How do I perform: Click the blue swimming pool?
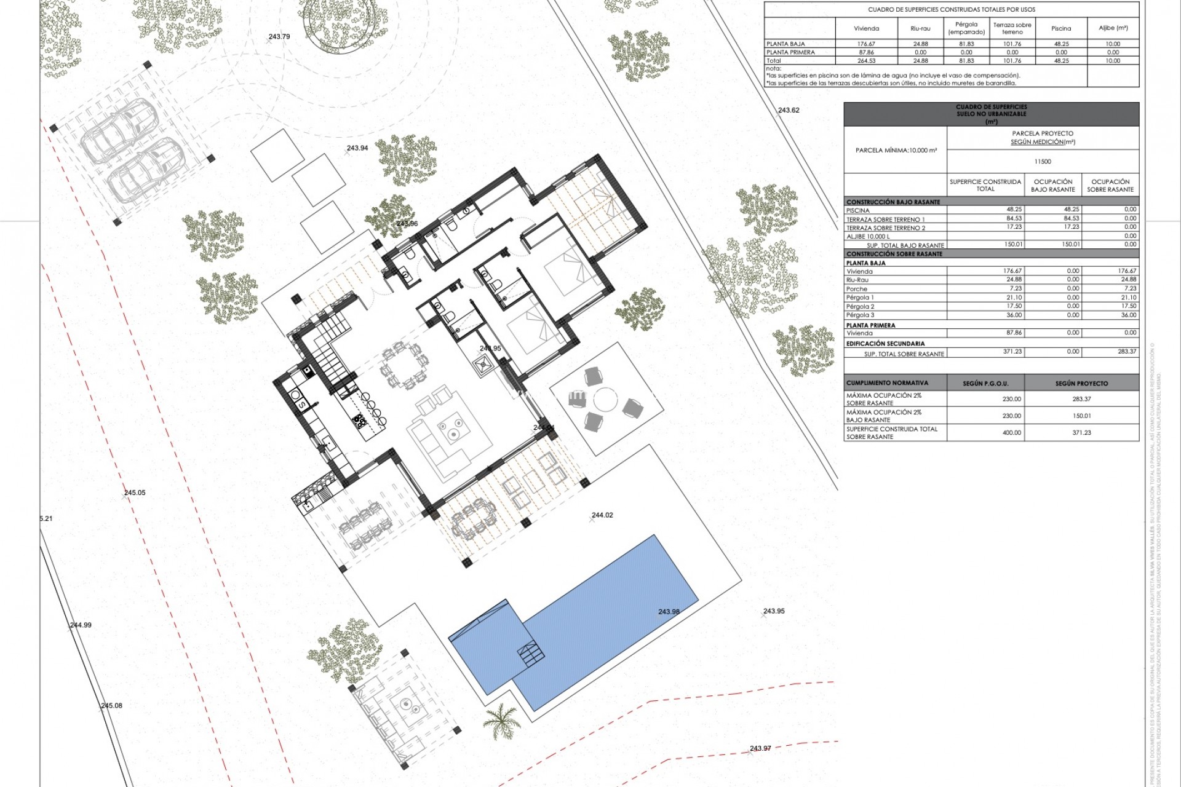point(590,621)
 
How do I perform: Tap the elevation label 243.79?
point(279,37)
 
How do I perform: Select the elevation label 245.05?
point(135,492)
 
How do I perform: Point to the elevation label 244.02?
point(602,515)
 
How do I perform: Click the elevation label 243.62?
point(789,111)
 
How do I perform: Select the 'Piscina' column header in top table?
point(1061,28)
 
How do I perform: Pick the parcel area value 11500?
point(1043,162)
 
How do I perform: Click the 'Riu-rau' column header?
point(920,28)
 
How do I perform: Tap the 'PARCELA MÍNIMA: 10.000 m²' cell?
point(896,151)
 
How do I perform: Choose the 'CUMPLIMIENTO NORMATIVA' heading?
point(887,383)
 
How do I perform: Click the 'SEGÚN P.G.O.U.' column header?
point(985,384)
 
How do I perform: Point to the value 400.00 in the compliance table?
point(1012,433)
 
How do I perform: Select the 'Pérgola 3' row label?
point(860,315)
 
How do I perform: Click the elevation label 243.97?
point(760,748)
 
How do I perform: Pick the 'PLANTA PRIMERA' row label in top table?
point(790,52)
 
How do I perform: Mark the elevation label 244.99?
point(81,625)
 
